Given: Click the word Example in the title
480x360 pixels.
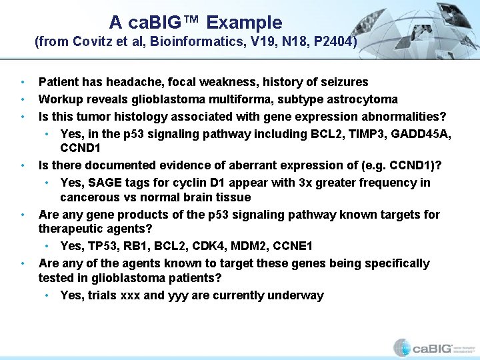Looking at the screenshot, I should coord(244,23).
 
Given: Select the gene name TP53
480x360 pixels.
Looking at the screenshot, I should coord(100,247).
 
